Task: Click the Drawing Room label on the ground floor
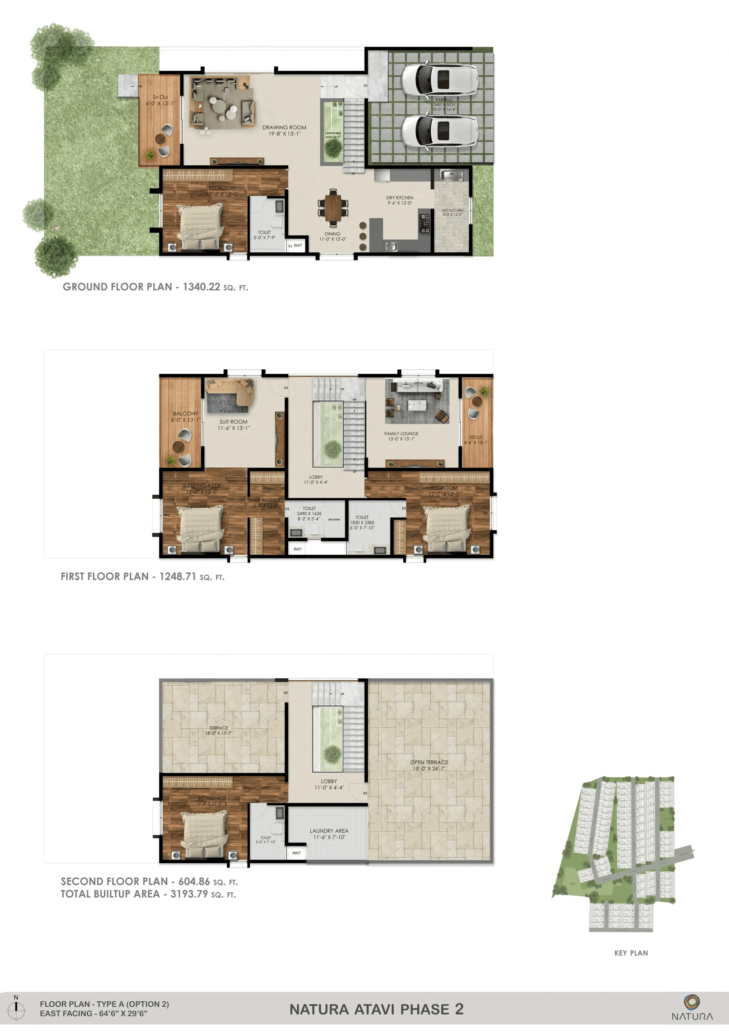284,127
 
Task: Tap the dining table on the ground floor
333,208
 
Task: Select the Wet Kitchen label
452,210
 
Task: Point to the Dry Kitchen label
399,198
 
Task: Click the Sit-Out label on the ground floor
160,97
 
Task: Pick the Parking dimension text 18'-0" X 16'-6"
444,109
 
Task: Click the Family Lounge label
401,434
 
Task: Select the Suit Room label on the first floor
233,422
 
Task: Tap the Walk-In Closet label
266,500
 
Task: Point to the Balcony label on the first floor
185,413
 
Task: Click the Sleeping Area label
201,485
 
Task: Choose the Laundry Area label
329,831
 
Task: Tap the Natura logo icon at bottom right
692,1001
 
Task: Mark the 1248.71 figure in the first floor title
178,576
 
